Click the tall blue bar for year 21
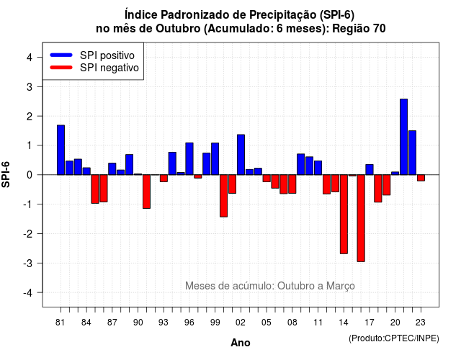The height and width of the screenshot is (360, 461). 403,137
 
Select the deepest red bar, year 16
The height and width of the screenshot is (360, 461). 361,218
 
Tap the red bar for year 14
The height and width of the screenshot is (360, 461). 344,215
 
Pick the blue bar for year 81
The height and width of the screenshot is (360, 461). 61,150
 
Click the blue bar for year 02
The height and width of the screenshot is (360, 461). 241,155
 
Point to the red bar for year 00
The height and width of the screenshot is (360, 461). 224,196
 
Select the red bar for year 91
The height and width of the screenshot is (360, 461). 146,192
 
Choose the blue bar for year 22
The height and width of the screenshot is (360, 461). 412,153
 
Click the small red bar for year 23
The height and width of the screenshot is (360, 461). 421,178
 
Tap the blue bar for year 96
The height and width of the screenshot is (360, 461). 189,158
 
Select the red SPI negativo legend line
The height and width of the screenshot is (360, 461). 61,68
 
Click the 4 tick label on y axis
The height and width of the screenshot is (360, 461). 30,58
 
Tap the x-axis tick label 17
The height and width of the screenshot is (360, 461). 370,323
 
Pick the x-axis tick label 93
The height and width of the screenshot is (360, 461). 164,323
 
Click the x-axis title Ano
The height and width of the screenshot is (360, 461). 241,343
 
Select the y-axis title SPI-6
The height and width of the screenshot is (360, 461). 6,174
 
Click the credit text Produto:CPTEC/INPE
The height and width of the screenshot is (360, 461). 394,338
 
